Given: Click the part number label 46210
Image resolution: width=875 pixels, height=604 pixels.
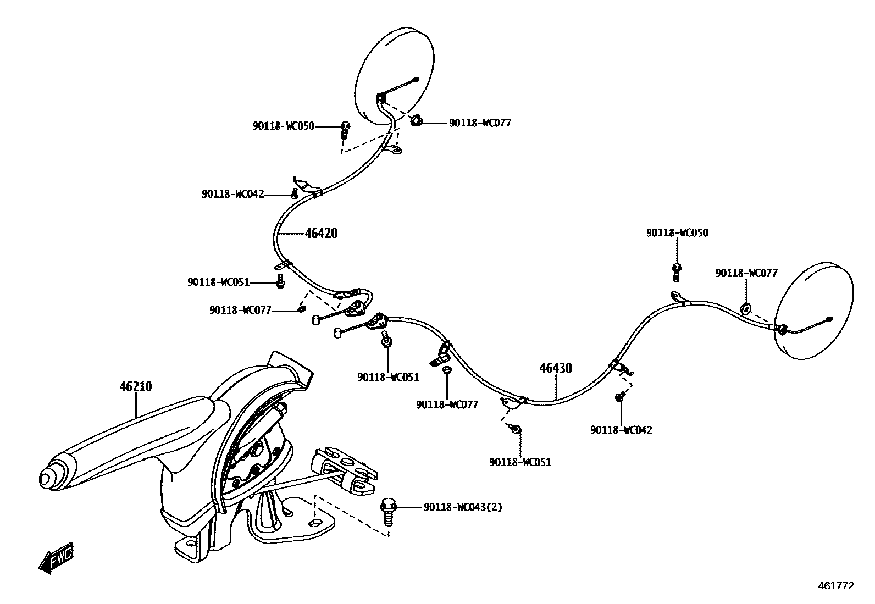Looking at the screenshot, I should coord(136,387).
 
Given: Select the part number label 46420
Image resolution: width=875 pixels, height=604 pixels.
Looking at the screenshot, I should coord(322,234).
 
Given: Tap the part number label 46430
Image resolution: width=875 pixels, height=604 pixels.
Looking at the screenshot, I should coord(556,368).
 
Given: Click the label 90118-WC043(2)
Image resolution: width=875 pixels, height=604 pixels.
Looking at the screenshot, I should coord(463,507).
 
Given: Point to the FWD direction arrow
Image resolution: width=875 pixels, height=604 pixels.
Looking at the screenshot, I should coord(56,559).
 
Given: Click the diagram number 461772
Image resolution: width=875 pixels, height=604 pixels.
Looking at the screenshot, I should coord(836,586).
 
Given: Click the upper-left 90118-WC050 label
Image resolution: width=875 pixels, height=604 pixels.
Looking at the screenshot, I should coord(284,126).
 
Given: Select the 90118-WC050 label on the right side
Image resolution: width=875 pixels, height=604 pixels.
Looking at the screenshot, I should coord(677,232).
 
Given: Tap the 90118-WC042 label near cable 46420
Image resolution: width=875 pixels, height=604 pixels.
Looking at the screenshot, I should coord(232,194).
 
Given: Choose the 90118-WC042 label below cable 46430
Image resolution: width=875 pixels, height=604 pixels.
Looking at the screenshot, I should coord(621,430).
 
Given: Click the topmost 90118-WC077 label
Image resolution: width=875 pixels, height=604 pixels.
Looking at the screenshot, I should coord(480,123).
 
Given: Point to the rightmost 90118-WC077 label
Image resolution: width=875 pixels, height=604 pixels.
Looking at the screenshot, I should coord(746,273).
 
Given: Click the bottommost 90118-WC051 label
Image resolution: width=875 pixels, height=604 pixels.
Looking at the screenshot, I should coord(520,462).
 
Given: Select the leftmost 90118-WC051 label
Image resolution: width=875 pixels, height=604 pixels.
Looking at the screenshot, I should coord(218,282).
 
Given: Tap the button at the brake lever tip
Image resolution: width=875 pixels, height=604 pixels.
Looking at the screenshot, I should coord(48,476).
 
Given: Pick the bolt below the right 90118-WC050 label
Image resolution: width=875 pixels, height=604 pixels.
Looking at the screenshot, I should coord(677,270).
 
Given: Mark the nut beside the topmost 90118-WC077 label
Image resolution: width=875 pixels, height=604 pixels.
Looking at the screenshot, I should coord(416,119).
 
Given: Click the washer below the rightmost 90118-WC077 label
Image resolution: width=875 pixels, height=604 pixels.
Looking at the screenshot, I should coord(746,309).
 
